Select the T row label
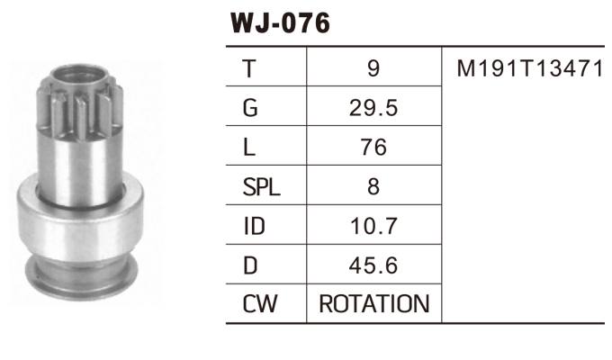click(x=249, y=68)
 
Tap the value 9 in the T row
click(x=374, y=68)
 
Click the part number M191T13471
click(x=528, y=68)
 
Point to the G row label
click(x=250, y=108)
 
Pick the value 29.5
click(x=374, y=108)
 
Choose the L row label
click(x=248, y=148)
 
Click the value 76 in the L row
click(x=374, y=148)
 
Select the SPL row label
click(x=262, y=187)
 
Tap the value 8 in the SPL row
click(x=374, y=187)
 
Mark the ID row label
click(x=254, y=227)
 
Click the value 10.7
click(x=374, y=227)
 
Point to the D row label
click(x=250, y=266)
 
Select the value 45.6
click(x=374, y=266)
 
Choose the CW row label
click(x=257, y=305)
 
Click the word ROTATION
click(x=374, y=305)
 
